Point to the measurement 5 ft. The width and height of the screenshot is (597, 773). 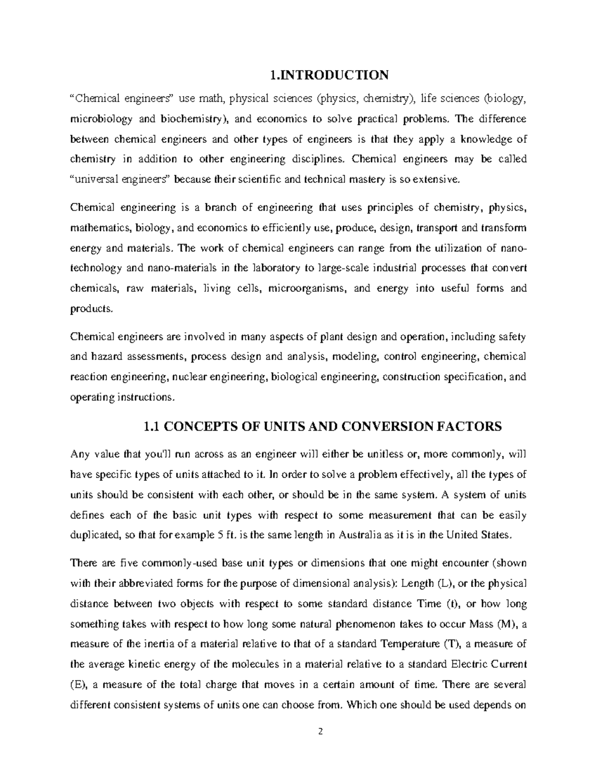click(228, 536)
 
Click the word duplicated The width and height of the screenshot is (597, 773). click(95, 536)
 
